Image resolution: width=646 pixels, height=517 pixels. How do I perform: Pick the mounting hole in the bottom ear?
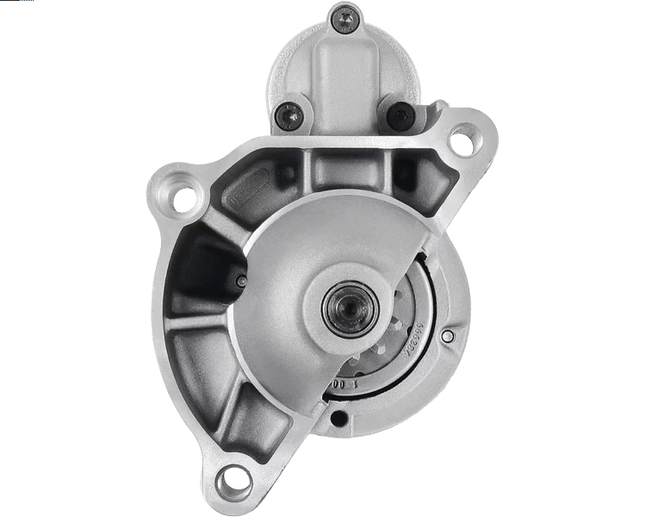tap(233, 476)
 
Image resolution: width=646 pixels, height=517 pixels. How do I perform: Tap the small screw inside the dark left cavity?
tap(241, 279)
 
